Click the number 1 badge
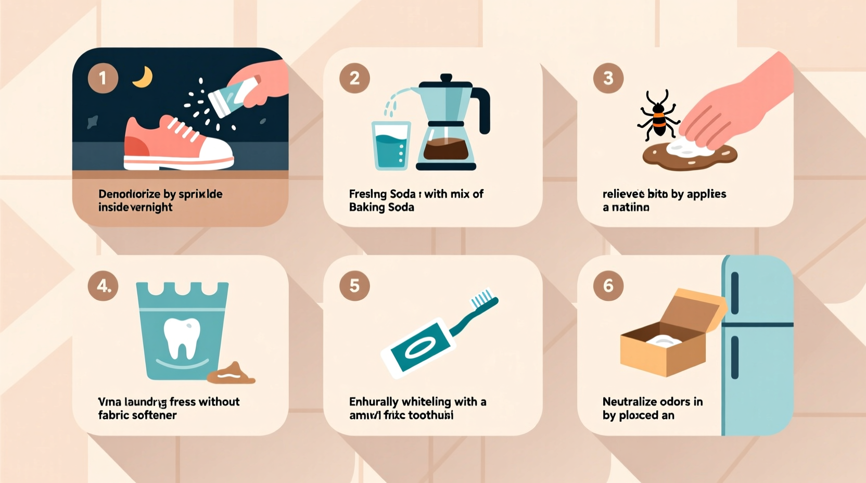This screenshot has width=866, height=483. tap(103, 78)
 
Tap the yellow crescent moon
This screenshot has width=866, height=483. tap(143, 77)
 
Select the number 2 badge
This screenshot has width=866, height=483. tap(354, 78)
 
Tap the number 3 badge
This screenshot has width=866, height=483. tap(608, 78)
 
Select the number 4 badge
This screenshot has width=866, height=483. tap(103, 286)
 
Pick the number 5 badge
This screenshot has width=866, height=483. tap(354, 286)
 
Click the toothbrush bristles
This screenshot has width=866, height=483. tap(481, 298)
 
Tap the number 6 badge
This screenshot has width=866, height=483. tap(608, 286)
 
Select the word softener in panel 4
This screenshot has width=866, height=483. tap(155, 415)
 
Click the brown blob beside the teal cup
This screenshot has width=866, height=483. tap(231, 373)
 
